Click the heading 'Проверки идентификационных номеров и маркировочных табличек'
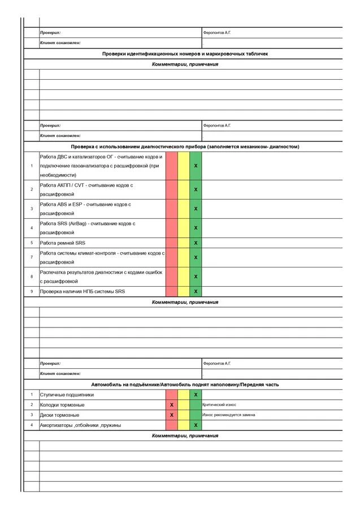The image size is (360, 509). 185,54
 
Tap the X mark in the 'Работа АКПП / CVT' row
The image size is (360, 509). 196,189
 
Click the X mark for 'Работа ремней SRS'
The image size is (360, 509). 196,243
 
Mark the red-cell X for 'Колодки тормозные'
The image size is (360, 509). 171,405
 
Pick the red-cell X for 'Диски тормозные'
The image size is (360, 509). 171,415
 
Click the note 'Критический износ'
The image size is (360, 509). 219,405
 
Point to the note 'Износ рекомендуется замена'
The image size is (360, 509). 228,415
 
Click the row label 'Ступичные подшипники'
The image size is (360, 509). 67,395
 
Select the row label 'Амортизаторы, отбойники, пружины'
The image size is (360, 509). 80,425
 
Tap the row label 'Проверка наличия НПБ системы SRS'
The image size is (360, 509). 82,291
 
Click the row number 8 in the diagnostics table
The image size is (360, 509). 32,277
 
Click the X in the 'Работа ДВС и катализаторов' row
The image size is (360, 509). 196,166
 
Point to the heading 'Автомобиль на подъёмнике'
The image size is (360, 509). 185,385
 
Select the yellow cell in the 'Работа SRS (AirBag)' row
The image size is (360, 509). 184,228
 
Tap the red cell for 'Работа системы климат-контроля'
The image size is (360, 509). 171,257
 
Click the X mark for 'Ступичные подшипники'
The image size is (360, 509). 196,395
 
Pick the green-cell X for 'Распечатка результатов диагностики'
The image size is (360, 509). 196,277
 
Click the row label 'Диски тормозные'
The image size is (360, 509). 59,415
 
